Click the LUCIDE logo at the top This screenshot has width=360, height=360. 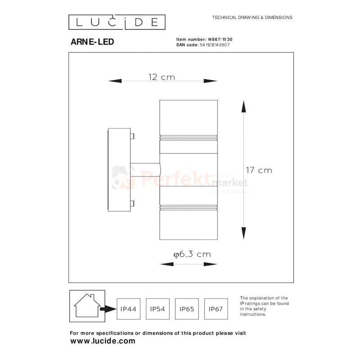pyautogui.click(x=117, y=22)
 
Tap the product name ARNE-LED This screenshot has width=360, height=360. pyautogui.click(x=92, y=42)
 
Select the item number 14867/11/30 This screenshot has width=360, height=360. pyautogui.click(x=220, y=40)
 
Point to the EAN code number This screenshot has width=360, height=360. pyautogui.click(x=215, y=45)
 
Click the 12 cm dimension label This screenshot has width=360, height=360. pyautogui.click(x=162, y=77)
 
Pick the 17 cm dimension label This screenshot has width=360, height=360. pyautogui.click(x=259, y=170)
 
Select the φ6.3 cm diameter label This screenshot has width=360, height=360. pyautogui.click(x=192, y=254)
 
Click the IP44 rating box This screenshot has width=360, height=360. pyautogui.click(x=128, y=309)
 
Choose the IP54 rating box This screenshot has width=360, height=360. pyautogui.click(x=157, y=309)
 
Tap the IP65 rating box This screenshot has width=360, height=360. pyautogui.click(x=187, y=309)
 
